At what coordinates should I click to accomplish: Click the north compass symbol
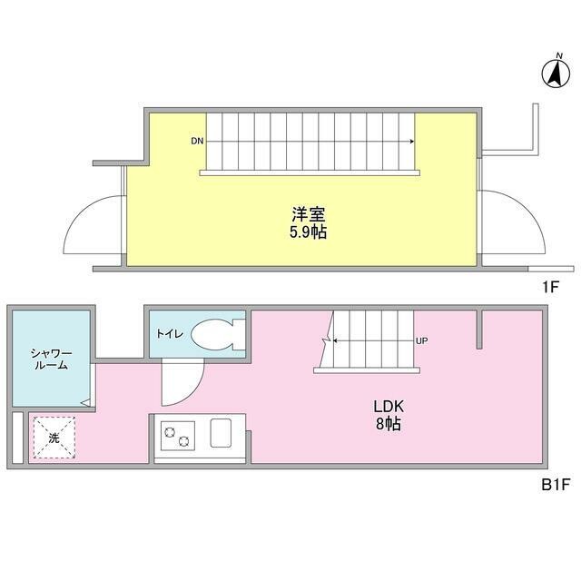(x=553, y=74)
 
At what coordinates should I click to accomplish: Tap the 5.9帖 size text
(x=309, y=232)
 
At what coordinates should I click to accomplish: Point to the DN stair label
(x=197, y=142)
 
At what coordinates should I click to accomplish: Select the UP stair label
(x=421, y=341)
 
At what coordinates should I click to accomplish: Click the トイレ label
(x=170, y=334)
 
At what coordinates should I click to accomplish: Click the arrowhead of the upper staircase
(x=413, y=142)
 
